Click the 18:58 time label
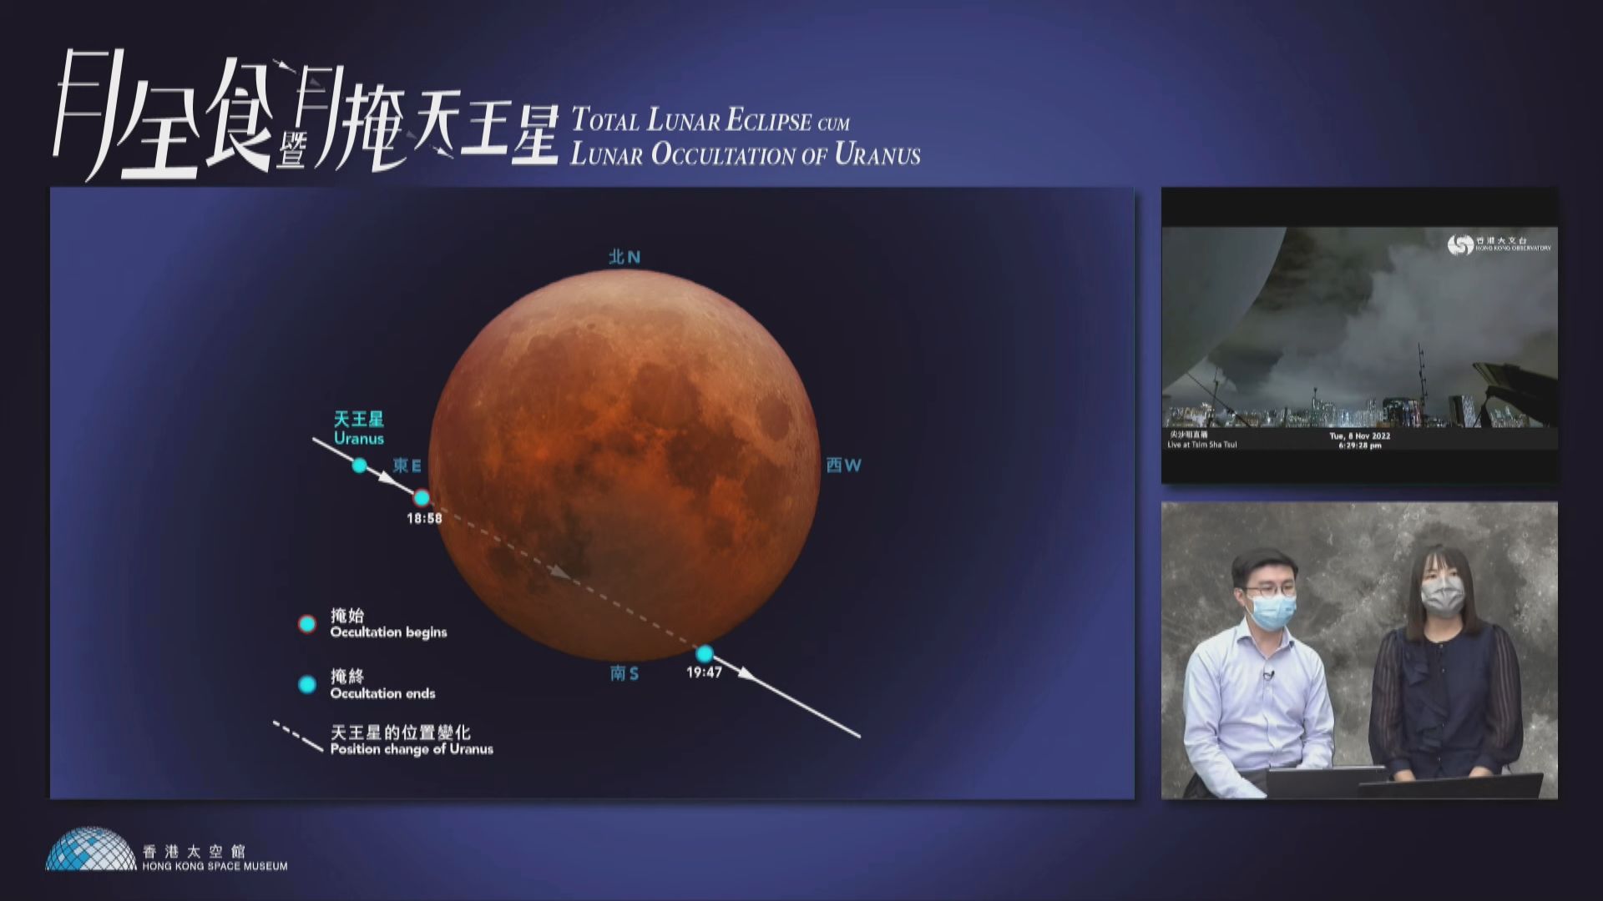(x=424, y=518)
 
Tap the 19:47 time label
(x=704, y=672)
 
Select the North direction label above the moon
(x=625, y=257)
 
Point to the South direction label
(x=625, y=673)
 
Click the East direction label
(x=407, y=466)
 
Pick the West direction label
(x=843, y=466)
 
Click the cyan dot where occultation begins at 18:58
(x=422, y=498)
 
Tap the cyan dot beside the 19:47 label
(x=705, y=653)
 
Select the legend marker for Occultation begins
(x=307, y=624)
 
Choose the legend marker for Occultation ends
(x=307, y=685)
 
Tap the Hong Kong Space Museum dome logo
(x=91, y=849)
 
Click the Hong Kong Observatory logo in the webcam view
(x=1461, y=245)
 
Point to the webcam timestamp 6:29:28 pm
(x=1359, y=445)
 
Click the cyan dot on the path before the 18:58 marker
(x=359, y=466)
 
